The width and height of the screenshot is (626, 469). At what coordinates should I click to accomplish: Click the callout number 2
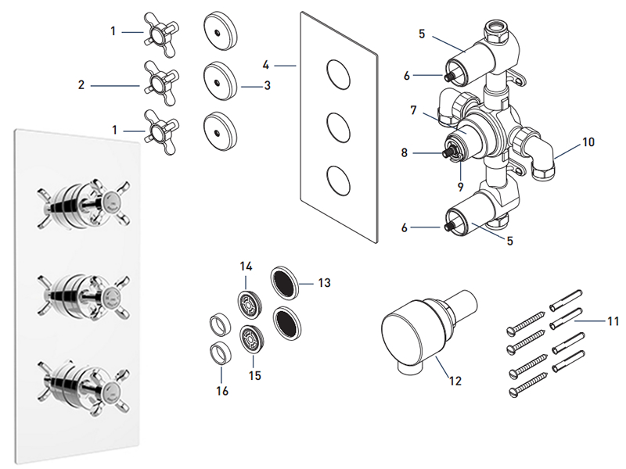point(81,84)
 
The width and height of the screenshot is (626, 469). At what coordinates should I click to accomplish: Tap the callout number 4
point(266,66)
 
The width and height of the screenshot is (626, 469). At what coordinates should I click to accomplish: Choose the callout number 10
point(588,142)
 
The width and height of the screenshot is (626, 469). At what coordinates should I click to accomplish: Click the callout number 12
point(455,381)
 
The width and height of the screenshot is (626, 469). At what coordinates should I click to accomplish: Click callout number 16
point(222,390)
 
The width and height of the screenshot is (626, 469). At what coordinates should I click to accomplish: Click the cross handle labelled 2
point(157,81)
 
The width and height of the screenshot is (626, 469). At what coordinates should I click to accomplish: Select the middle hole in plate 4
point(337,125)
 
